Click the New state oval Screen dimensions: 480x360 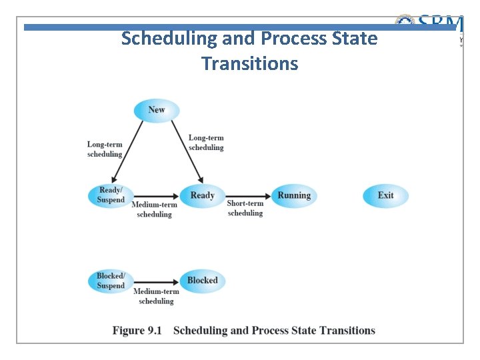[157, 110]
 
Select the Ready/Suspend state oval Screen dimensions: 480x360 [111, 195]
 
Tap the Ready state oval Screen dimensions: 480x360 [202, 195]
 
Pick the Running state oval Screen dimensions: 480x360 [294, 195]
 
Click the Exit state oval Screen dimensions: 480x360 [385, 195]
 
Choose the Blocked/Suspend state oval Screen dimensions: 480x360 [111, 281]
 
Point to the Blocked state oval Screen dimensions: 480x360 [202, 281]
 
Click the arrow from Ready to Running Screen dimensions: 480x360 [248, 195]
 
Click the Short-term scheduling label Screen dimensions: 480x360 [245, 209]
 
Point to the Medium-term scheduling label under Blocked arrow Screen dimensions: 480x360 [156, 297]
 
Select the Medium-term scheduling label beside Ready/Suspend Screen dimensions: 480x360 [155, 210]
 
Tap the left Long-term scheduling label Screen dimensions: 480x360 [105, 149]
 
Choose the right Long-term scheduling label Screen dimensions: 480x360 [206, 143]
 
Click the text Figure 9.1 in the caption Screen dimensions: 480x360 [137, 331]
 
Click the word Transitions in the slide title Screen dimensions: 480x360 [249, 64]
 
